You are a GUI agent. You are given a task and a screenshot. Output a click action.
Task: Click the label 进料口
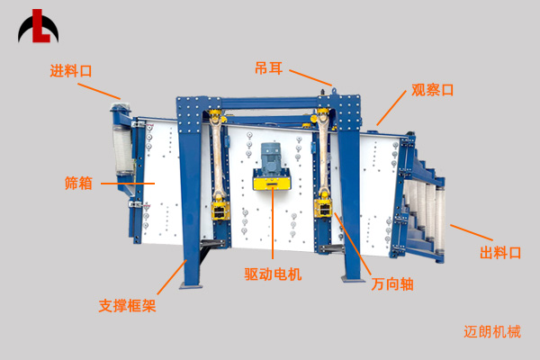pyautogui.click(x=71, y=71)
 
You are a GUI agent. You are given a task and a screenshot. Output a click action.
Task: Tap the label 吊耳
pyautogui.click(x=268, y=68)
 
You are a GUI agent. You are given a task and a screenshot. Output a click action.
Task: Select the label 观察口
pyautogui.click(x=433, y=90)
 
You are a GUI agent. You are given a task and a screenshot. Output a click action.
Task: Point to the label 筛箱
pyautogui.click(x=78, y=183)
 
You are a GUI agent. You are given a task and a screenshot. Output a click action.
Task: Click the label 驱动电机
pyautogui.click(x=273, y=274)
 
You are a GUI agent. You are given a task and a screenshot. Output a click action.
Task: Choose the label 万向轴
pyautogui.click(x=392, y=284)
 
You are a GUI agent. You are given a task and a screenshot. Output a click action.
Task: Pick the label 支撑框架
pyautogui.click(x=128, y=306)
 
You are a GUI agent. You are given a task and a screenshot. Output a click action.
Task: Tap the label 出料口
pyautogui.click(x=500, y=253)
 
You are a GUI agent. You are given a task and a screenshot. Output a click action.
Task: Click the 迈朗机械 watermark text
pyautogui.click(x=492, y=332)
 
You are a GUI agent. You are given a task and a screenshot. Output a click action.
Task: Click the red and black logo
pyautogui.click(x=38, y=26)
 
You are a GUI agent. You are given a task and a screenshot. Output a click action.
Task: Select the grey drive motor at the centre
pyautogui.click(x=272, y=157)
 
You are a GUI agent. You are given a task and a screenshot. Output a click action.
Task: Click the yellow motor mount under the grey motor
pyautogui.click(x=272, y=180)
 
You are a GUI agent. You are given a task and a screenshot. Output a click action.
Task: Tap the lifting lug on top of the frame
pyautogui.click(x=333, y=92)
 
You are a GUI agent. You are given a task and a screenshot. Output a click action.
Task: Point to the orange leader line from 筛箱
pyautogui.click(x=128, y=184)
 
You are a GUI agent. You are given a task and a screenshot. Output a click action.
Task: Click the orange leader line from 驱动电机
pyautogui.click(x=273, y=222)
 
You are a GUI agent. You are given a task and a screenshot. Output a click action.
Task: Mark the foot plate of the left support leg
pyautogui.click(x=191, y=286)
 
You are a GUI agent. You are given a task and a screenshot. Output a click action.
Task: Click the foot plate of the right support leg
pyautogui.click(x=353, y=279)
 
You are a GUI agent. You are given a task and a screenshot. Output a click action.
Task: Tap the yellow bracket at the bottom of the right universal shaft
pyautogui.click(x=323, y=208)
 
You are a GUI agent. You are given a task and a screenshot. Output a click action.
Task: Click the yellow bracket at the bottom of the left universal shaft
pyautogui.click(x=220, y=211)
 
